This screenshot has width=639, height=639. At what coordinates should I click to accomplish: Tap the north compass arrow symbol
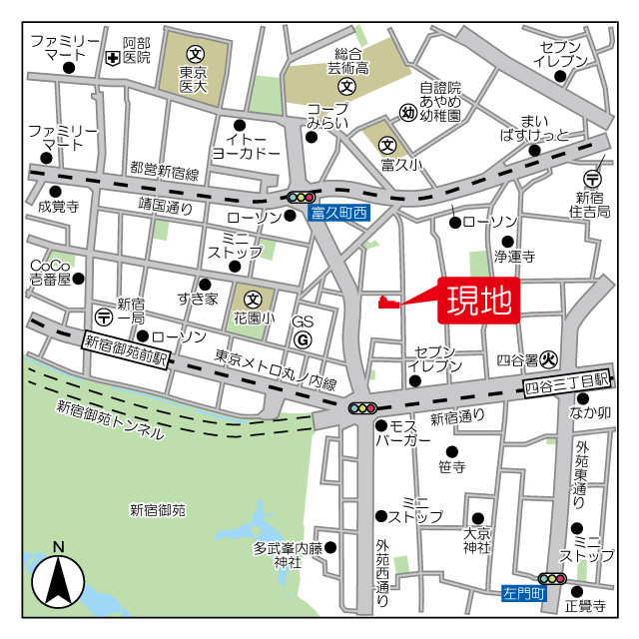(58, 578)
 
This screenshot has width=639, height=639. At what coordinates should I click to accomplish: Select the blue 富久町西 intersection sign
(339, 213)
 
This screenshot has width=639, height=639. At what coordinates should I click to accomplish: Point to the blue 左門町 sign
(523, 593)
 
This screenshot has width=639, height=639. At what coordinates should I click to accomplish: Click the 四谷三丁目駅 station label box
(566, 381)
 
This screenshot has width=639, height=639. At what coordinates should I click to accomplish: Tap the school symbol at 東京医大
(195, 53)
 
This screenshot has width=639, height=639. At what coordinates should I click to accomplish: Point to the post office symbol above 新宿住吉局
(593, 178)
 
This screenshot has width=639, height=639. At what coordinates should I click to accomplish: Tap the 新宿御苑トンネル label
(110, 419)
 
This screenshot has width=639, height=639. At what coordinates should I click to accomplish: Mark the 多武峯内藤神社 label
(289, 555)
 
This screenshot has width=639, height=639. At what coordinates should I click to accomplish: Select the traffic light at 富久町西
(301, 198)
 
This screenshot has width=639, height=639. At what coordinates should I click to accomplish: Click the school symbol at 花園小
(254, 298)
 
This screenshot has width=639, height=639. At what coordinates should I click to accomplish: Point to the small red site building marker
(389, 303)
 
